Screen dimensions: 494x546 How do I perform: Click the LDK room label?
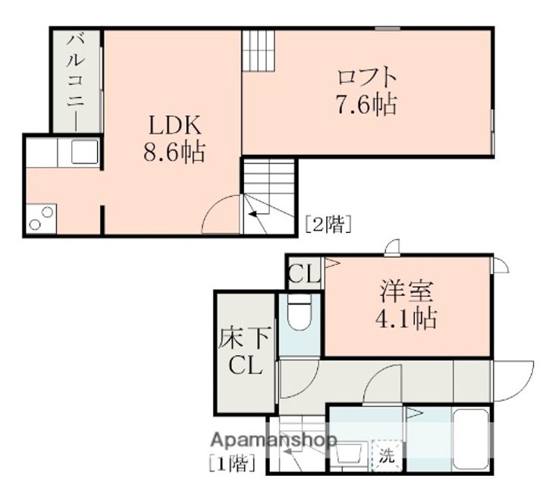click(x=173, y=124)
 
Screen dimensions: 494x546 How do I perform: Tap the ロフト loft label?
click(x=367, y=77)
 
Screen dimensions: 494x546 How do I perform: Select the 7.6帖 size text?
click(x=367, y=104)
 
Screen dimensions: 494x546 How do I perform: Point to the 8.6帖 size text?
click(x=174, y=152)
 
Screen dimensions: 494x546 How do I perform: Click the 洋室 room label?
click(x=408, y=291)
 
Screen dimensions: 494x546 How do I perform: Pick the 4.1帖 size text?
click(x=408, y=319)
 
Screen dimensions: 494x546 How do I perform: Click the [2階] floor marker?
click(x=328, y=224)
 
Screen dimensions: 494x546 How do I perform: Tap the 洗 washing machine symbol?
click(x=387, y=456)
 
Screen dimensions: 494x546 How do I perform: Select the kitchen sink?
click(x=83, y=151)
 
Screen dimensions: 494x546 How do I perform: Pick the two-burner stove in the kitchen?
click(x=39, y=218)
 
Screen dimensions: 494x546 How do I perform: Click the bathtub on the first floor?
click(x=472, y=441)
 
